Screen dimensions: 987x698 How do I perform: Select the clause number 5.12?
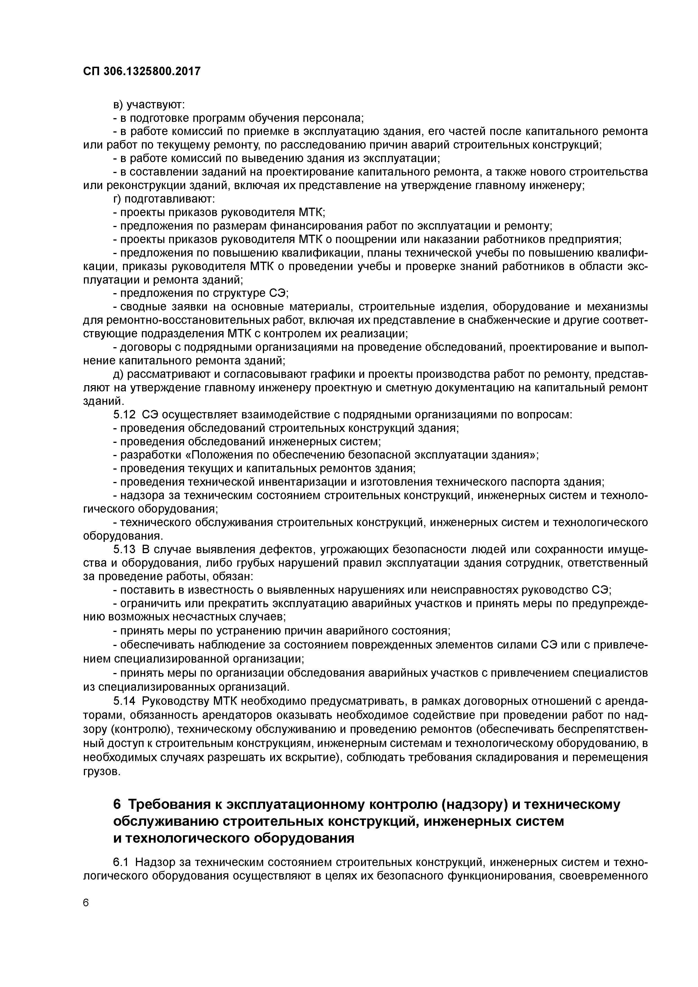pos(124,415)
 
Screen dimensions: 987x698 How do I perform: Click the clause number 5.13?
pos(124,549)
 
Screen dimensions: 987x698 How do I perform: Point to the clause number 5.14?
pos(124,701)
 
